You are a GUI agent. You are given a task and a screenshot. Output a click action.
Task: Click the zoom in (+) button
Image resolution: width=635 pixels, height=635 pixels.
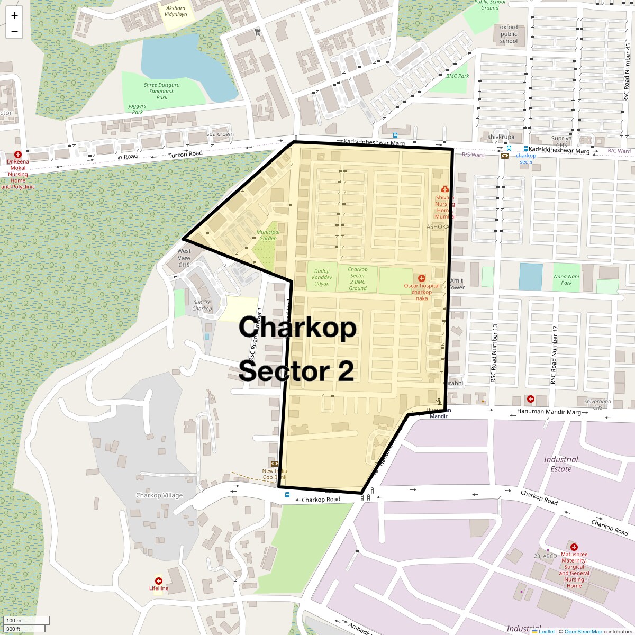click(x=14, y=15)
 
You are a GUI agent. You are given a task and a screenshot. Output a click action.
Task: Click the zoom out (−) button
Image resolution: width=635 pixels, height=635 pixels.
click(x=14, y=31)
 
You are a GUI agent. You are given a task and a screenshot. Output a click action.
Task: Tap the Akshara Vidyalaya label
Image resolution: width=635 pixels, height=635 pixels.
click(x=176, y=12)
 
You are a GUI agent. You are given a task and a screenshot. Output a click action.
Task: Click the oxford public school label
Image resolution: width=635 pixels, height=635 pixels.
click(x=509, y=34)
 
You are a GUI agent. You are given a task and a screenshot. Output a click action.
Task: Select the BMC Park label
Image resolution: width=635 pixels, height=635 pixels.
click(x=458, y=76)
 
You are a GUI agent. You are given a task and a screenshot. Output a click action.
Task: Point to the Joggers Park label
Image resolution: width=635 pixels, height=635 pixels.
click(x=137, y=109)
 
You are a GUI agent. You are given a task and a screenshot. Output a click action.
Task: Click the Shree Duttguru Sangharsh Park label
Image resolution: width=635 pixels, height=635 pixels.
click(x=161, y=91)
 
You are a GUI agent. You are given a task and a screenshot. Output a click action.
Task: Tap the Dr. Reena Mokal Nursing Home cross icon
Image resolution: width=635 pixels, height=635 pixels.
click(x=17, y=155)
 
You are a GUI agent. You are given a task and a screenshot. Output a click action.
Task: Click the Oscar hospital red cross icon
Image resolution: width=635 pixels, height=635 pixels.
click(x=422, y=278)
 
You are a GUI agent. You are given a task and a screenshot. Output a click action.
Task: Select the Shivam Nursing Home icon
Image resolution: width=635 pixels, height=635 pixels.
click(x=444, y=189)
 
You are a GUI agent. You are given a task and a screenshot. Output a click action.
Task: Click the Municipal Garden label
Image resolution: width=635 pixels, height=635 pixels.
click(x=268, y=235)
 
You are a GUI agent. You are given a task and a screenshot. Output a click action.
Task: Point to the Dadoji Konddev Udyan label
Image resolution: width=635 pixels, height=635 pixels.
click(x=322, y=277)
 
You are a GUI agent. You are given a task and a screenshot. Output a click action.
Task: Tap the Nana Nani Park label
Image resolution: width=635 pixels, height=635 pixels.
click(x=566, y=279)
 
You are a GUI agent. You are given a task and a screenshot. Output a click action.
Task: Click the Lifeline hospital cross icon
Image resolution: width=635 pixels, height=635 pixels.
click(x=158, y=581)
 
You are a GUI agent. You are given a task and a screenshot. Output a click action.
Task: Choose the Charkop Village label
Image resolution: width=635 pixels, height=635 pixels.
click(x=159, y=495)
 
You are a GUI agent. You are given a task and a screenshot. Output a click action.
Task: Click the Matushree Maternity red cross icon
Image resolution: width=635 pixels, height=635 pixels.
click(x=574, y=547)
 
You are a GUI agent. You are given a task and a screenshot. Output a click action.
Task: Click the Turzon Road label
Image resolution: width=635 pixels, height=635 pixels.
click(x=185, y=154)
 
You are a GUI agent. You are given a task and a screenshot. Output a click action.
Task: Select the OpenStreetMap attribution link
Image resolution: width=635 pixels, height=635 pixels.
click(x=583, y=631)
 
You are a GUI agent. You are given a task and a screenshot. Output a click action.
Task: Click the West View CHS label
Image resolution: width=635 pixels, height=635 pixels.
click(x=184, y=258)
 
